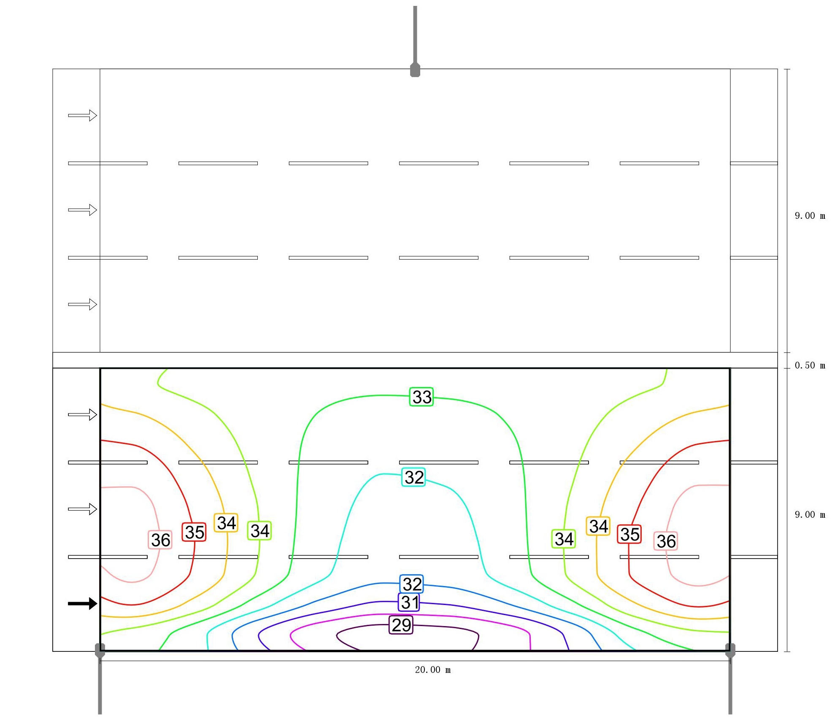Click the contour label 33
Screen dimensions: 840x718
click(421, 397)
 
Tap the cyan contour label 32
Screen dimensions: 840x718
click(413, 477)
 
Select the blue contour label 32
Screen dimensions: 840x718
click(412, 584)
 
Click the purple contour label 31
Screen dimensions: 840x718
click(409, 602)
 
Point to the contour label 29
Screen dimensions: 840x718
click(401, 625)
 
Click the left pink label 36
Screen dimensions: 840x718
click(160, 540)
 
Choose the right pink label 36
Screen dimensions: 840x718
click(666, 541)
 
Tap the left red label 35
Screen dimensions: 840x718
click(194, 532)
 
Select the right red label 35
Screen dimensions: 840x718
click(629, 534)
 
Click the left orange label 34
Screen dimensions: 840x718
click(226, 523)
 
